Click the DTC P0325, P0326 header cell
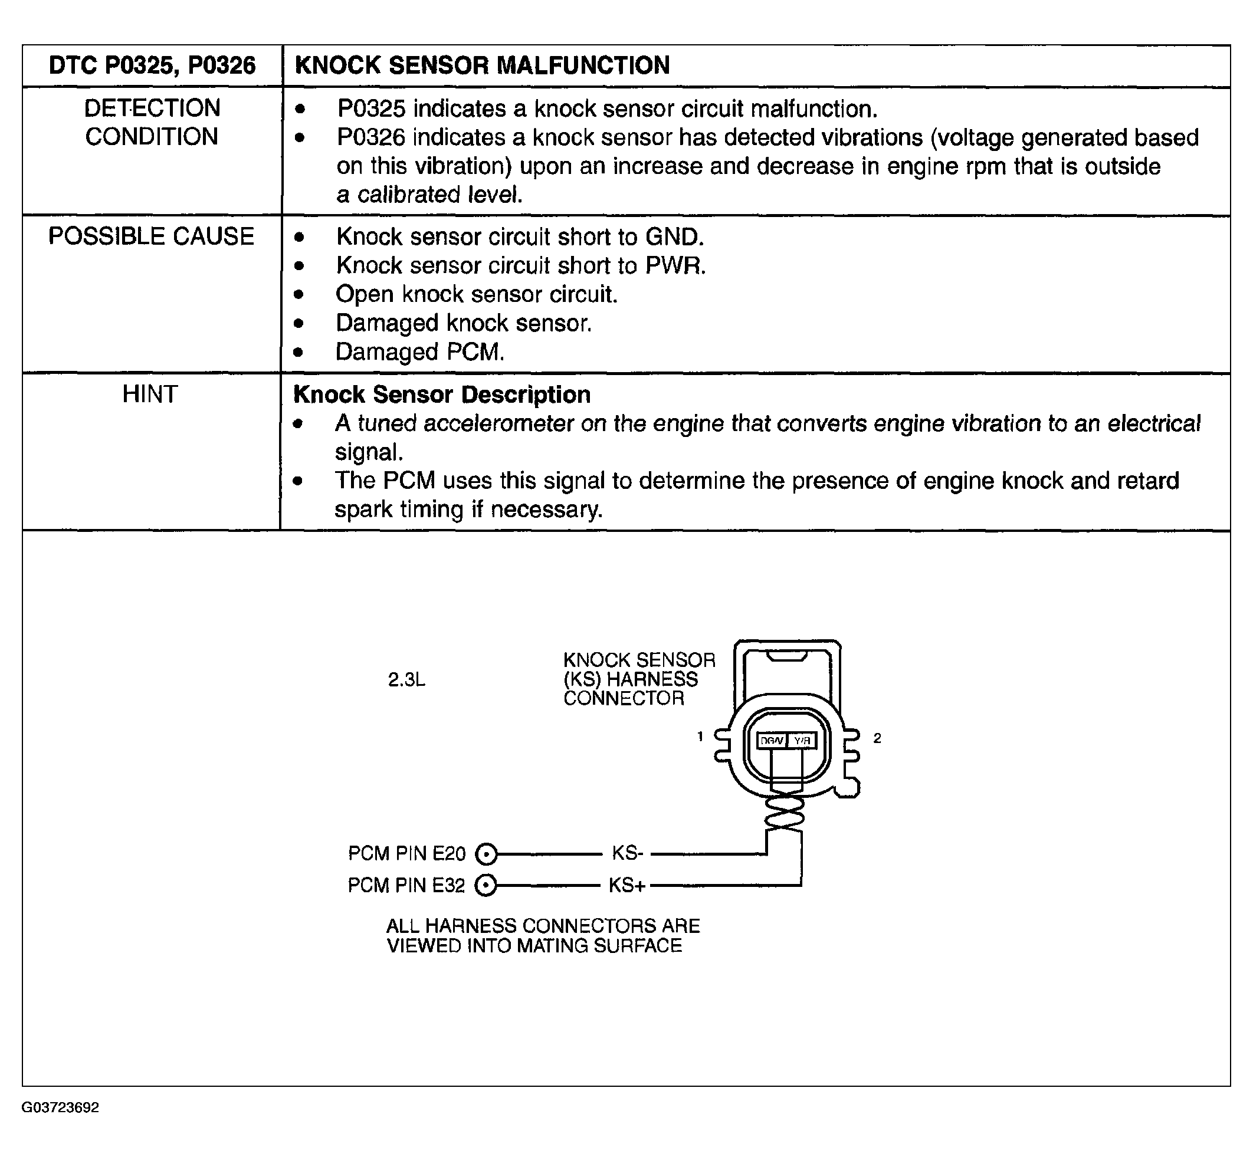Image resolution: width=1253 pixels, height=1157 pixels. (x=152, y=65)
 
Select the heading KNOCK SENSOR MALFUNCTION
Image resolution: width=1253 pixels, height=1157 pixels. (x=482, y=65)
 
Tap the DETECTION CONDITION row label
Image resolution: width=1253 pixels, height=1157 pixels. (x=152, y=122)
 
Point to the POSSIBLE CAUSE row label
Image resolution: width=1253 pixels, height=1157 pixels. (x=152, y=236)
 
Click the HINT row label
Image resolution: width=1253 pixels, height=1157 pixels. (x=150, y=395)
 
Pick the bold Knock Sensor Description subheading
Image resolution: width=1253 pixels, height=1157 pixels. (x=441, y=395)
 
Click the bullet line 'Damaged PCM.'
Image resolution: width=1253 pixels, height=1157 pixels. (x=419, y=352)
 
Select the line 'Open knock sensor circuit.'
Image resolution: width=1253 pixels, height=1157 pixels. (x=477, y=294)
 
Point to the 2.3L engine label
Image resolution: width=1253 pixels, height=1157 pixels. (x=406, y=680)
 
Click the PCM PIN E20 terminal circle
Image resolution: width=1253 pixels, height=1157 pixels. (x=486, y=854)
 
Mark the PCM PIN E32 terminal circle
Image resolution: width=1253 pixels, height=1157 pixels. (x=486, y=886)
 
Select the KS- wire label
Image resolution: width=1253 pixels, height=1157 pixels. (x=628, y=853)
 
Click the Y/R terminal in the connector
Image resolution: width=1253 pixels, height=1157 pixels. (x=802, y=741)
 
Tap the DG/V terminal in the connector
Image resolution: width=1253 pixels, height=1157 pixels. (x=772, y=741)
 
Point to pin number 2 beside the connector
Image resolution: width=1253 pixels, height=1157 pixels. (x=877, y=739)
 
